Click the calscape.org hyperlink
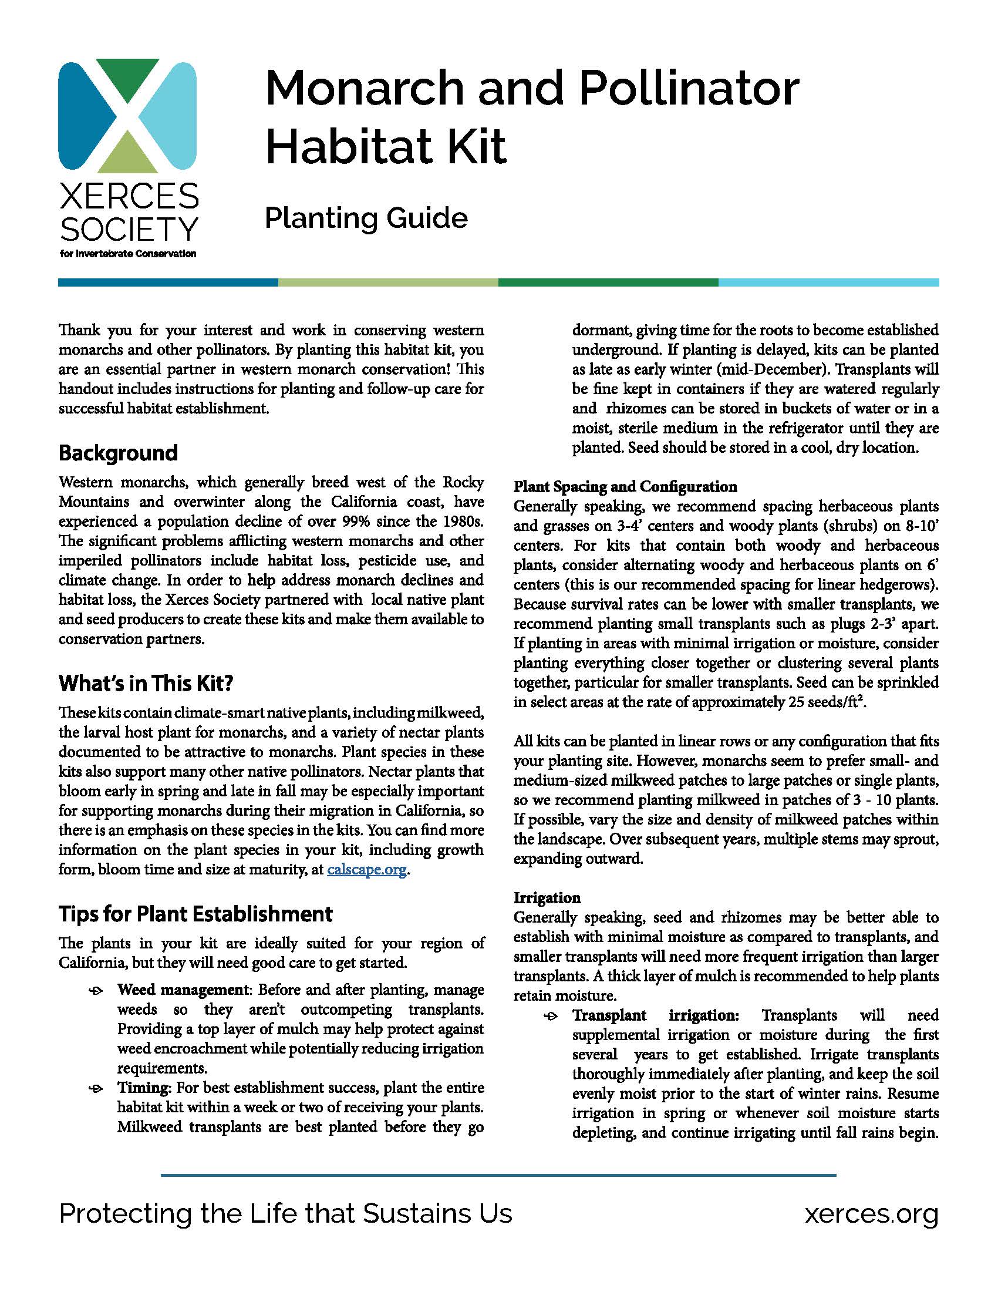point(366,870)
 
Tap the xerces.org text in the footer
point(871,1213)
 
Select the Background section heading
point(118,453)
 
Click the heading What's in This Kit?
point(146,683)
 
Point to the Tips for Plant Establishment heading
point(195,914)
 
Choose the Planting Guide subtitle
point(366,218)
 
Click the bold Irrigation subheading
point(547,897)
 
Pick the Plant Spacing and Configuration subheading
point(625,487)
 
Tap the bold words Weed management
point(183,990)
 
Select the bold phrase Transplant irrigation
point(656,1015)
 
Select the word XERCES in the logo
point(129,196)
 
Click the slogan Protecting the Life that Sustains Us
point(285,1213)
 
